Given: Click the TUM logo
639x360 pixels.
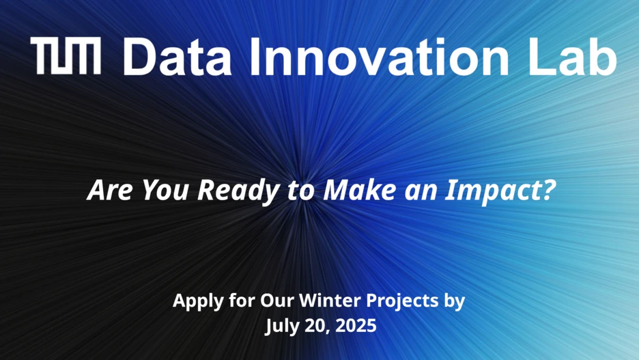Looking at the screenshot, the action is (x=66, y=56).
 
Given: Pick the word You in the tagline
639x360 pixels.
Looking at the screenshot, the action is (x=165, y=190).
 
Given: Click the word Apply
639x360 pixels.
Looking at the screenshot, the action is (x=199, y=301).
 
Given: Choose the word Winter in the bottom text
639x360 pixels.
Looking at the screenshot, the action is (x=330, y=301).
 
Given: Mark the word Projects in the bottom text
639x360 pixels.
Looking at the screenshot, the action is (x=402, y=302).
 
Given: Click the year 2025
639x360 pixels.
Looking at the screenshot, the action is (x=356, y=326).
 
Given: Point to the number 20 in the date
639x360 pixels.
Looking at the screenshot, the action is (x=319, y=327).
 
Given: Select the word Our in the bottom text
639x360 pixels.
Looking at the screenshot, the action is (x=277, y=301).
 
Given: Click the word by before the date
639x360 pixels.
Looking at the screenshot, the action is (x=454, y=301).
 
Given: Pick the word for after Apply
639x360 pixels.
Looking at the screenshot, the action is (x=242, y=301).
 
